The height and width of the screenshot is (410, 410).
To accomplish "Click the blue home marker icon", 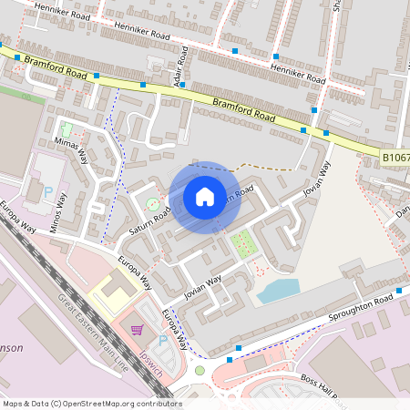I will coord(205,196).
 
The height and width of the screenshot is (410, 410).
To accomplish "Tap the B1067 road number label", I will coord(395,158).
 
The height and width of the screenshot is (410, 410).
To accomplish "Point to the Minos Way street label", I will coord(59,215).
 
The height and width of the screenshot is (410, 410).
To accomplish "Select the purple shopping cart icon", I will coord(138,330).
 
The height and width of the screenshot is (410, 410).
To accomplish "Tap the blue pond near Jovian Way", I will coord(278,291).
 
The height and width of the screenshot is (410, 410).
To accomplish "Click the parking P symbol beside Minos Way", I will coord(47,192).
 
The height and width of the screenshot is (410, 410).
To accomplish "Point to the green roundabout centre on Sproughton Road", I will coord(200,370).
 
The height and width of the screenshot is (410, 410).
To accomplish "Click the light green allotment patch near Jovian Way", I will coord(242,243).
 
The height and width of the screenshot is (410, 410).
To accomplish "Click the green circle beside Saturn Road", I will coord(151,200).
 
